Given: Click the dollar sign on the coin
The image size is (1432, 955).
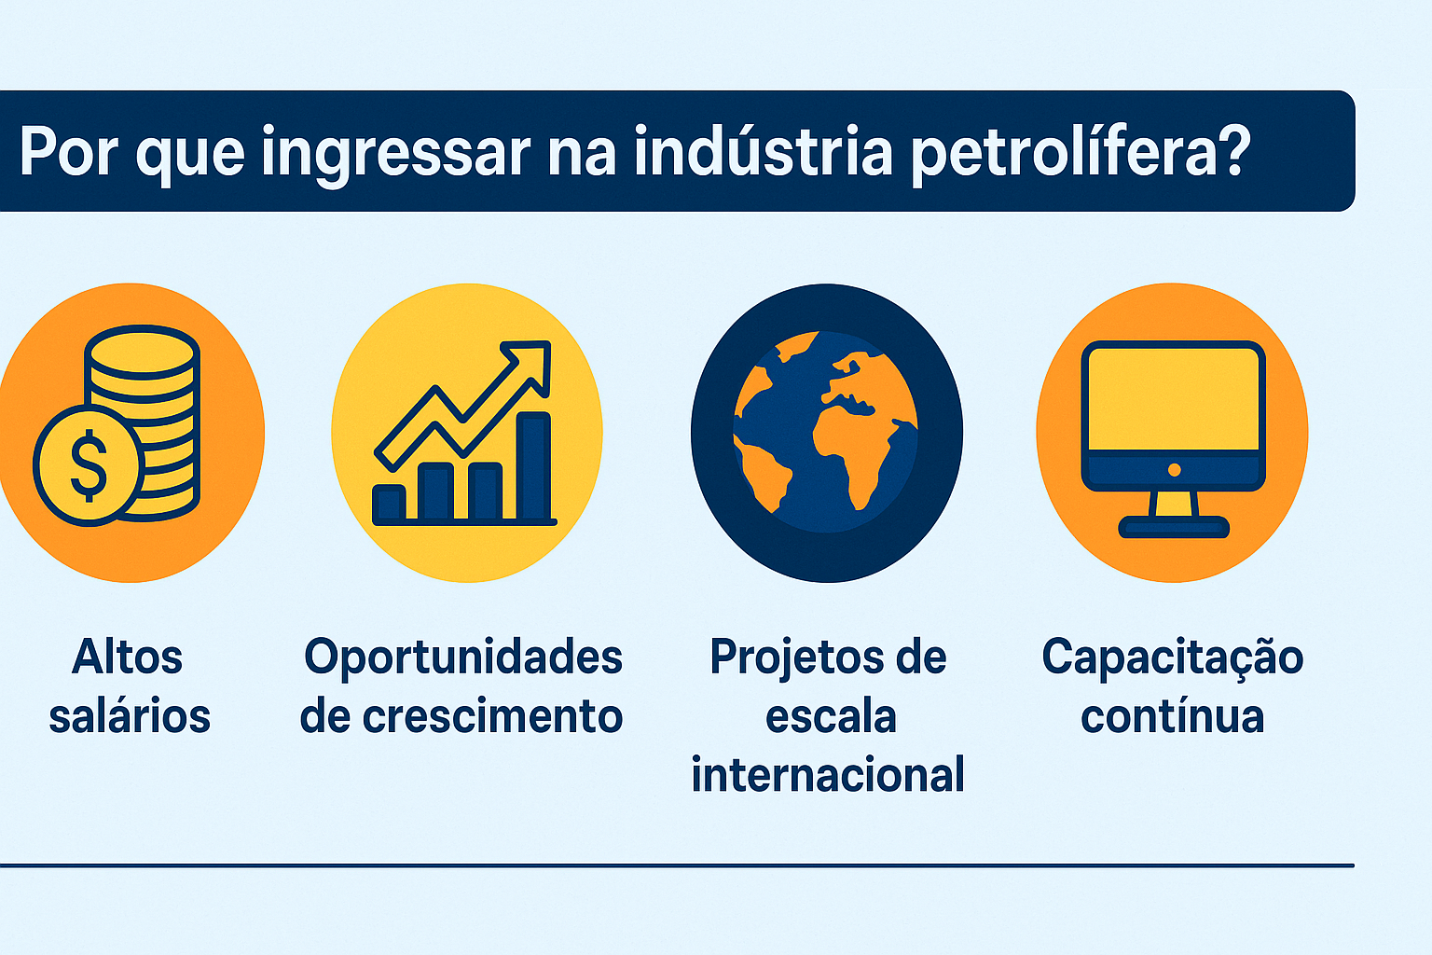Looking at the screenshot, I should pos(89,464).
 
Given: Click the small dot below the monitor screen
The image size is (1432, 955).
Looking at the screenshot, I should pos(1174,470).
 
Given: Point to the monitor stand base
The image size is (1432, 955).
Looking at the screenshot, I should pos(1174,528).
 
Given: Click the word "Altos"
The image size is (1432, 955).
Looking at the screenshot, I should pos(128,657).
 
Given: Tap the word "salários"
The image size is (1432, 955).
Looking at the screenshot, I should pos(130,716).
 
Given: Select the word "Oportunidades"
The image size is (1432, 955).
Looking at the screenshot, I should pos(463,657).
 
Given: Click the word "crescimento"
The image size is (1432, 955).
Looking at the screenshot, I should pos(492,716).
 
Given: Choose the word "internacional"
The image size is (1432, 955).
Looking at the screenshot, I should pos(828,775).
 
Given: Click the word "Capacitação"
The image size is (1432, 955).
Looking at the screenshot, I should pos(1172,658).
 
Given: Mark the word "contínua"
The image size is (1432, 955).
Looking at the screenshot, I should pos(1172,716).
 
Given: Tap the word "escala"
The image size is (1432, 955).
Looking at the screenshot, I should pos(831,716).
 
